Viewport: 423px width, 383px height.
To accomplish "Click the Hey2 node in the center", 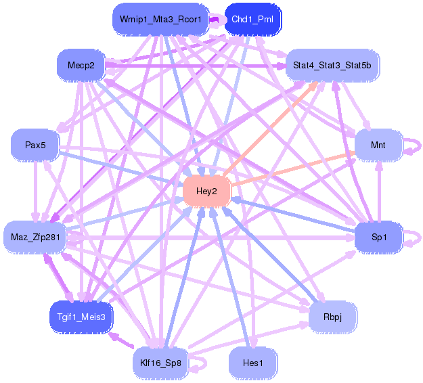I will click(x=206, y=191).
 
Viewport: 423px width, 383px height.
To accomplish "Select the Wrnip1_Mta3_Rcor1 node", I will click(x=160, y=20).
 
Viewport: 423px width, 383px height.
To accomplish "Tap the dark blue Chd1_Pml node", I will click(x=252, y=20).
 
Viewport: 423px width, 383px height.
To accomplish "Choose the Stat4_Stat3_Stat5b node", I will click(x=332, y=65).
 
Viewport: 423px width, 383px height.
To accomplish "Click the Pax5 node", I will click(x=35, y=145).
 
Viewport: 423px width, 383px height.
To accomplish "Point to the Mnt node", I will click(x=378, y=145).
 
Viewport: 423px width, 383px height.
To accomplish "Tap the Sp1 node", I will click(x=378, y=236).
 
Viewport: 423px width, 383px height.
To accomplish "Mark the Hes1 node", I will click(x=252, y=362).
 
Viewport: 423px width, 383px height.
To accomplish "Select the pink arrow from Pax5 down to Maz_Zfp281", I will click(x=35, y=189).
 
